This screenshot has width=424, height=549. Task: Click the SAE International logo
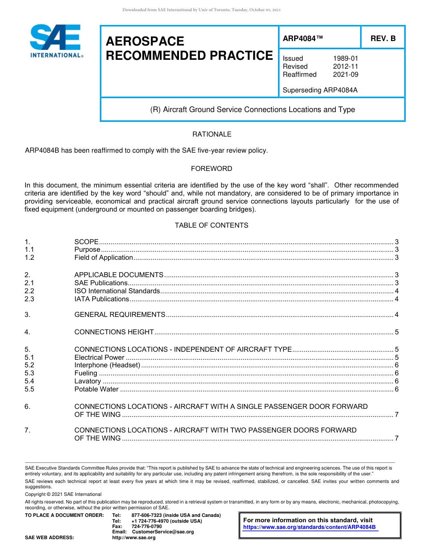[x=56, y=41]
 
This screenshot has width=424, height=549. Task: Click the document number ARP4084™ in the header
[x=303, y=39]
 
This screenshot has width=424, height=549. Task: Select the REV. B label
[x=383, y=39]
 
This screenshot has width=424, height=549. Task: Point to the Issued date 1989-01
[x=345, y=58]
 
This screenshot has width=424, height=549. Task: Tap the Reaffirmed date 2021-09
[x=345, y=75]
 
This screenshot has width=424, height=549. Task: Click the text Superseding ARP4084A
[x=320, y=90]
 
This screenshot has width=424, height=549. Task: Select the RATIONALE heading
[x=212, y=134]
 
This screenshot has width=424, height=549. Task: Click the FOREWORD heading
[x=212, y=169]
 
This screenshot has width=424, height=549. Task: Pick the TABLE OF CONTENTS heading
[x=212, y=225]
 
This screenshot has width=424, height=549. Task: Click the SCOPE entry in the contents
[x=86, y=242]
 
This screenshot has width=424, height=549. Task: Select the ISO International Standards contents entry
[x=117, y=291]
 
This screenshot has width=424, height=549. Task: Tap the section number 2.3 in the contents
[x=29, y=299]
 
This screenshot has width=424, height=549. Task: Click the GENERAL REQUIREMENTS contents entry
[x=120, y=315]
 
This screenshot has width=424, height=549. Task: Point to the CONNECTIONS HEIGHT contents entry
[x=114, y=332]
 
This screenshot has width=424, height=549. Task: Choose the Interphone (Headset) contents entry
[x=107, y=365]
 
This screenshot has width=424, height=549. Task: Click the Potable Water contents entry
[x=96, y=389]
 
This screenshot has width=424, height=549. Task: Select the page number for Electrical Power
[x=396, y=357]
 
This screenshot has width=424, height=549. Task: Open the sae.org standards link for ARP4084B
[x=309, y=527]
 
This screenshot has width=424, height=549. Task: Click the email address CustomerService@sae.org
[x=163, y=532]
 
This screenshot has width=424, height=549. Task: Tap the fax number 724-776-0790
[x=147, y=527]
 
